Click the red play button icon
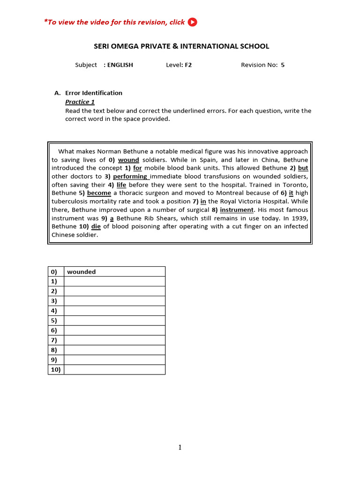(x=192, y=22)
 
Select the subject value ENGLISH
(x=120, y=65)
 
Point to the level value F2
(x=188, y=65)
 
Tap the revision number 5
(x=283, y=65)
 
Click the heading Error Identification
(x=94, y=93)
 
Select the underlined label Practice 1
(x=80, y=102)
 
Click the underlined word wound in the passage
(x=128, y=160)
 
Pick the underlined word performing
(x=130, y=177)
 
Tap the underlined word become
(x=99, y=193)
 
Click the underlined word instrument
(x=237, y=210)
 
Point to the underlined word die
(x=96, y=226)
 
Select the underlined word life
(x=121, y=185)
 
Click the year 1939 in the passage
(x=300, y=218)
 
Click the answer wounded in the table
(x=82, y=272)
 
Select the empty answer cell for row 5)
(x=114, y=321)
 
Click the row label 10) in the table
(x=55, y=370)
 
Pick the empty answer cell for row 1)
(x=114, y=281)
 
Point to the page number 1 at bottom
(x=180, y=448)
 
